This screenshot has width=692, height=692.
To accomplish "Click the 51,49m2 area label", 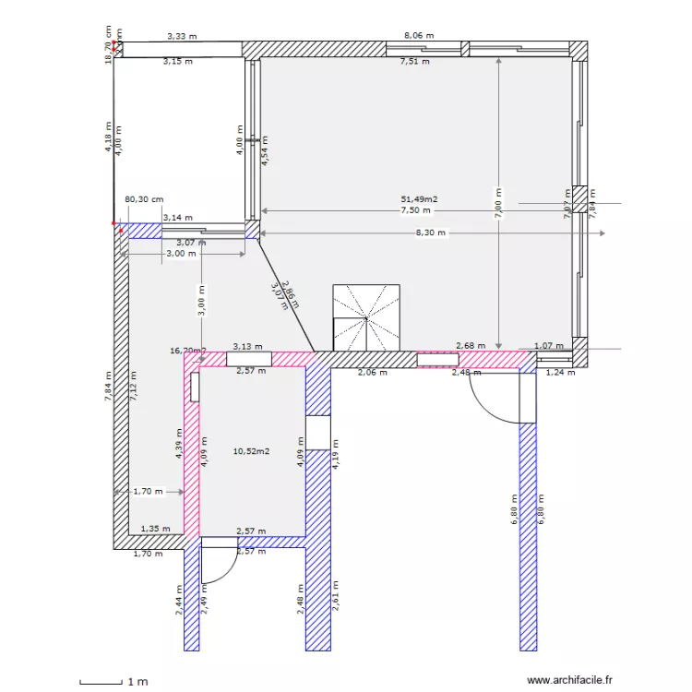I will pos(419,198).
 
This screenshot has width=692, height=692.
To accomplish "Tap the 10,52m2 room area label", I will pos(252,451).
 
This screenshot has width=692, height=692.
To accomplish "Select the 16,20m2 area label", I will pos(187,351).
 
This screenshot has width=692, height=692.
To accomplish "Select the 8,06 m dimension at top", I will pos(419,36).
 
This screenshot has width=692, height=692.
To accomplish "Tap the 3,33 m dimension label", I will pos(182,36).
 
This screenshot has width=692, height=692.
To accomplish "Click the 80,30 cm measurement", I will pos(144,198).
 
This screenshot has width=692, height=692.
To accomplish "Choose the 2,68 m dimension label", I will pos(471,346).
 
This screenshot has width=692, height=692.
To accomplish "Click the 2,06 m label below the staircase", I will pos(372,373).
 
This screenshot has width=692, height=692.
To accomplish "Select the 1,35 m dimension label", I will pos(155,530).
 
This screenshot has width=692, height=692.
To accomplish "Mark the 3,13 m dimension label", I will pos(246,346).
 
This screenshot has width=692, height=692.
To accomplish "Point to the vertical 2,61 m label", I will pos(335,602).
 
